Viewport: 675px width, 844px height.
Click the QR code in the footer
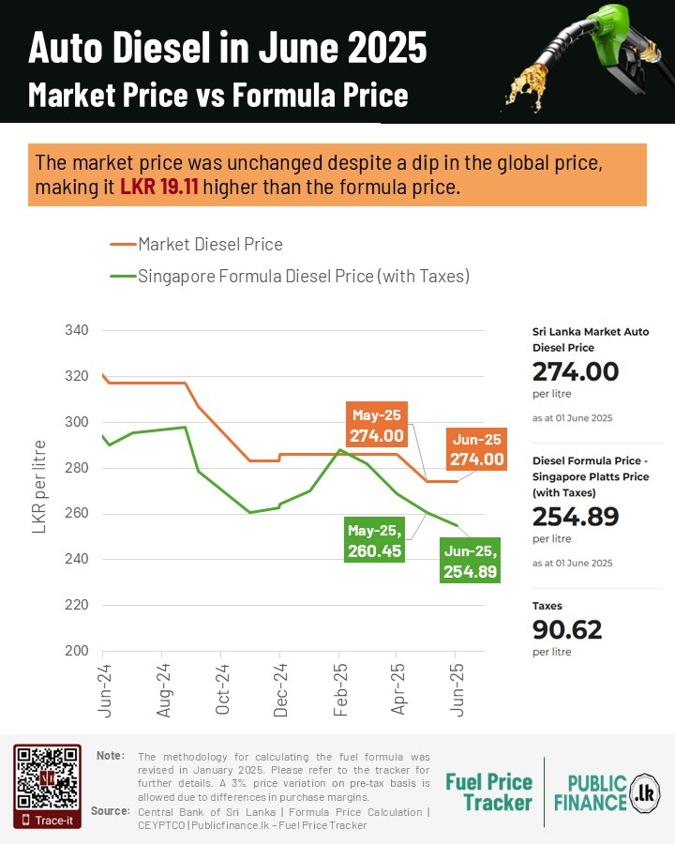click(45, 777)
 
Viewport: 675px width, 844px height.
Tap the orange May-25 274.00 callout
click(377, 425)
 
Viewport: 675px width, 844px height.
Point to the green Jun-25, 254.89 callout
click(471, 561)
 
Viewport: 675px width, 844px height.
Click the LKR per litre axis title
click(40, 486)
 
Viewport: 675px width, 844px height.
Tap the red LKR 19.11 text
click(158, 187)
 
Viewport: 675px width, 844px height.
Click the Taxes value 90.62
click(567, 630)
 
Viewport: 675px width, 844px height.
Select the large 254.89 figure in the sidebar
click(576, 517)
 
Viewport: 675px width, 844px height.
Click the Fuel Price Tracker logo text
click(488, 792)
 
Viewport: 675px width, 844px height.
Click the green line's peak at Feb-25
click(339, 450)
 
